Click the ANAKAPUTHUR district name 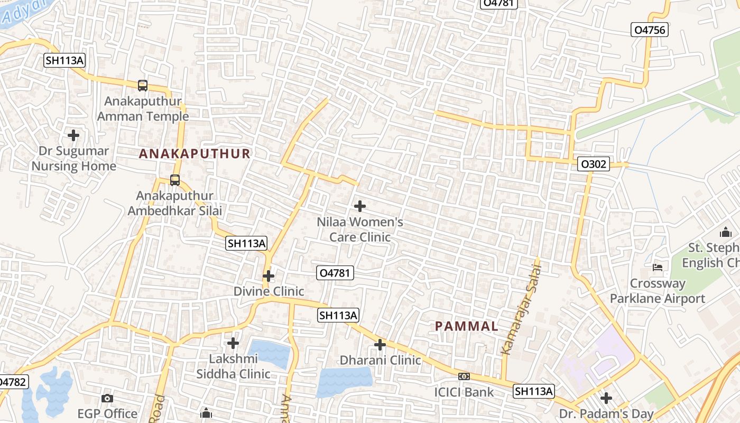pos(195,154)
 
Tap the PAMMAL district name pos(467,326)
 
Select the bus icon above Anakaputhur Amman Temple pos(142,85)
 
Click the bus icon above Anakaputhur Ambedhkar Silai pos(175,180)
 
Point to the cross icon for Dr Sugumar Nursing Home pos(73,135)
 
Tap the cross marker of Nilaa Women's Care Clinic pos(360,206)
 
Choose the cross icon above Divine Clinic pos(269,276)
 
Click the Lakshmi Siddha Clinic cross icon pos(233,343)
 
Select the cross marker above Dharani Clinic pos(380,345)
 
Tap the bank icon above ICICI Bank pos(464,376)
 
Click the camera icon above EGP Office pos(107,398)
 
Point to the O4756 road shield pos(649,30)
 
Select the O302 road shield pos(593,164)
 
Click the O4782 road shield pos(12,382)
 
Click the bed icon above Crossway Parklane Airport pos(658,267)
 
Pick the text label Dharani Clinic pos(380,360)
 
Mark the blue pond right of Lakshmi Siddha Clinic pos(270,353)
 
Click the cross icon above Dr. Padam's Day pos(606,398)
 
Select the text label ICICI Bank pos(464,392)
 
